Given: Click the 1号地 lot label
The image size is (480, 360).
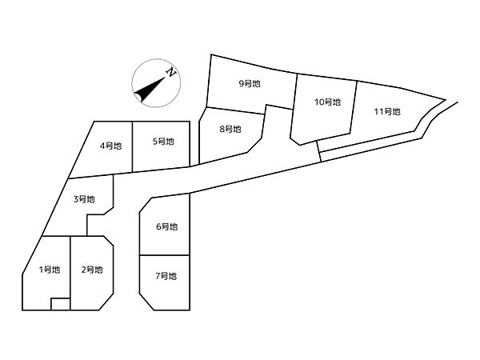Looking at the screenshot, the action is point(50,270).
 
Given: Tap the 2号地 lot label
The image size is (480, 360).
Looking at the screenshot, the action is point(92,270).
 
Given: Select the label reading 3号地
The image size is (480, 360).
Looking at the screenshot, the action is point(84,199).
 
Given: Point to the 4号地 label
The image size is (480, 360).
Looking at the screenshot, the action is point(111,146).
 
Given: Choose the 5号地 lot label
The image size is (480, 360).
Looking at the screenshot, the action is point(163,142).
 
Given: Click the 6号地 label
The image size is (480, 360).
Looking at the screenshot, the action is point(167,227).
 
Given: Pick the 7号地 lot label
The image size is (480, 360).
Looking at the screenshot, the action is point(166,276).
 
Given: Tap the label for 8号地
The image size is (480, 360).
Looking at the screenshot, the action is point(230,129).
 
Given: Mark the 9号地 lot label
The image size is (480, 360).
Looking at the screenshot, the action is point(250,83).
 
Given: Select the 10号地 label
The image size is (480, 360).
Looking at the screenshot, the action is point(327,102).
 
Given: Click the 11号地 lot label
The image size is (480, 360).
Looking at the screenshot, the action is point(387,111).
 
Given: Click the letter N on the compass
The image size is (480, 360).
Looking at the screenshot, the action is point(171,72).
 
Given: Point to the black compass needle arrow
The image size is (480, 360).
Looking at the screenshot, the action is point(150,90).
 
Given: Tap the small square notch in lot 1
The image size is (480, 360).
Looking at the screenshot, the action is point(61,304).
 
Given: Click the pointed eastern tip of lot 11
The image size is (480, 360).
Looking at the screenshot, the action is point(445,99).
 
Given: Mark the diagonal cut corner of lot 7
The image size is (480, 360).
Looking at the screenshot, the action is point(146,302).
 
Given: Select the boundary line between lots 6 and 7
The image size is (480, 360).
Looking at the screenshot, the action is point(165,255).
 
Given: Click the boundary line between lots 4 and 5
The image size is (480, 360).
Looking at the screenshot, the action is point(133,146).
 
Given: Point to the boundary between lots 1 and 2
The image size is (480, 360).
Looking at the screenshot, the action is point(70,273).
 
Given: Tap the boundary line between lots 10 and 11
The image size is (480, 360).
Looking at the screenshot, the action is point(354,107).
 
